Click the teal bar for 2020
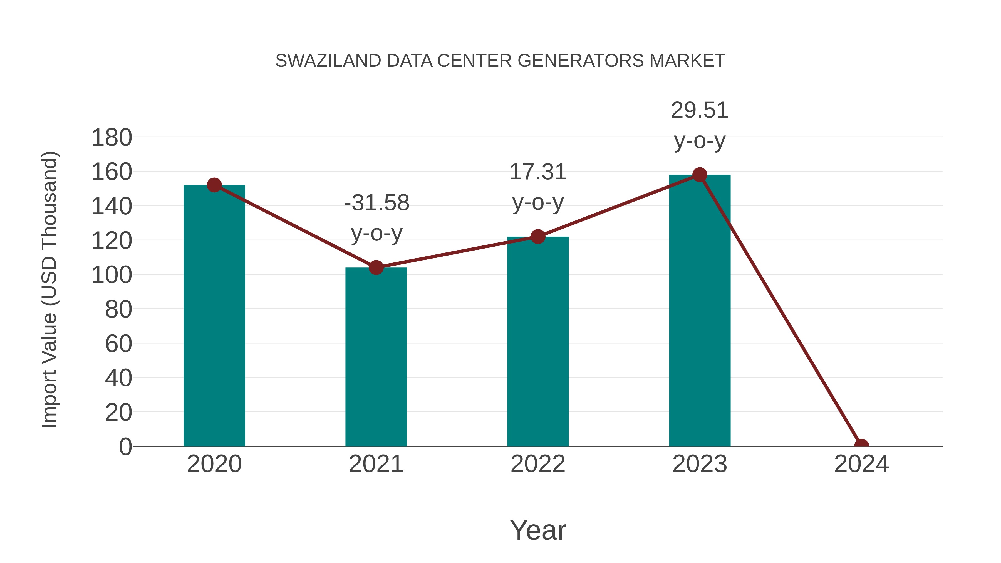point(214,316)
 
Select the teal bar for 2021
point(376,357)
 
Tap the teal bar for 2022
point(538,341)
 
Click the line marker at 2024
point(861,445)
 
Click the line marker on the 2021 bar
point(376,267)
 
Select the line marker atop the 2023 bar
point(700,175)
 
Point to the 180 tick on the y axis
point(112,138)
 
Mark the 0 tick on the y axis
point(125,447)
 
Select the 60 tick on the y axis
point(118,344)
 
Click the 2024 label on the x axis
point(861,464)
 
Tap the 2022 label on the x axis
point(538,464)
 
